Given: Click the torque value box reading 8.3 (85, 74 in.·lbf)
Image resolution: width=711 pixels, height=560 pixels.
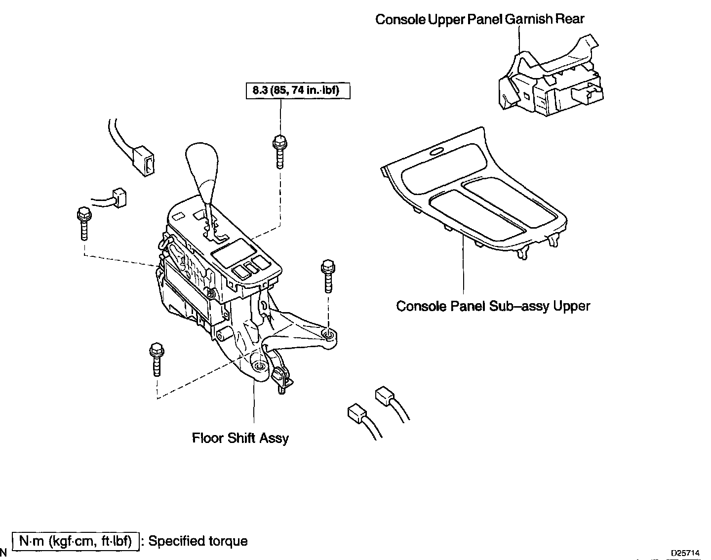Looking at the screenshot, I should coord(298,90).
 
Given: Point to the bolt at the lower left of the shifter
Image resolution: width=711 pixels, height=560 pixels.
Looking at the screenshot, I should coord(156,359).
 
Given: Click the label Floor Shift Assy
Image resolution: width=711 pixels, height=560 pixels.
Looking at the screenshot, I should coord(240,438).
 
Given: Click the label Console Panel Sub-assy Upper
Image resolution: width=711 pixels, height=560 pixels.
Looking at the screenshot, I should coord(493,306).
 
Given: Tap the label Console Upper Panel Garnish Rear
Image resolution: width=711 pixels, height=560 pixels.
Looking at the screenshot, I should coord(479,19).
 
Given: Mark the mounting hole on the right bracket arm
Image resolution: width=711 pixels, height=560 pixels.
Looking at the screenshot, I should coord(327,336).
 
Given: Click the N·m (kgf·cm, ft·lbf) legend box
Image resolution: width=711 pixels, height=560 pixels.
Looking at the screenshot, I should coord(76,541).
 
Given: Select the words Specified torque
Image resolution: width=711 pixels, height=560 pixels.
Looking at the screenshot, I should coord(198,541).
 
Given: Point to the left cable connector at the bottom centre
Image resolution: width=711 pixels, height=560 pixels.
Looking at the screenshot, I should coord(356,413).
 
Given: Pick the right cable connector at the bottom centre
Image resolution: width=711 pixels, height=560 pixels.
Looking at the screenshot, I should coord(385,396).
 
